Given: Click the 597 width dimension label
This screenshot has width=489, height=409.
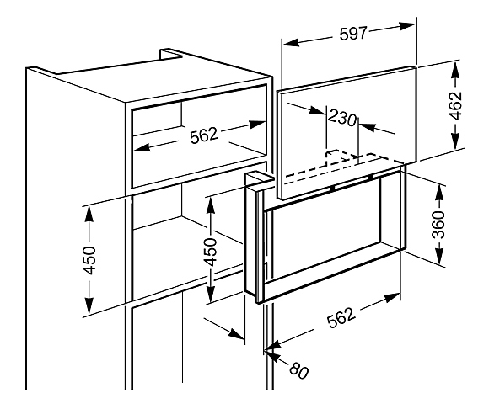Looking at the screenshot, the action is pyautogui.click(x=352, y=34).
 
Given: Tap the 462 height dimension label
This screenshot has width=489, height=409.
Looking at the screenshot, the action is pyautogui.click(x=455, y=106).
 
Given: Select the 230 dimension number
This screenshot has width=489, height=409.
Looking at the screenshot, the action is pyautogui.click(x=341, y=117).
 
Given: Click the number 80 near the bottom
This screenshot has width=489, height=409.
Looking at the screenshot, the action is pyautogui.click(x=298, y=370).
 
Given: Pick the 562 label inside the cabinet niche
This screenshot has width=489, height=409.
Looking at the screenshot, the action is pyautogui.click(x=203, y=136).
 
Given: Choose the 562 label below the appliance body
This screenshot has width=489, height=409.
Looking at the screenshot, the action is pyautogui.click(x=341, y=317).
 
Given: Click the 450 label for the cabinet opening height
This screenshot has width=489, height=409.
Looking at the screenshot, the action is pyautogui.click(x=89, y=260).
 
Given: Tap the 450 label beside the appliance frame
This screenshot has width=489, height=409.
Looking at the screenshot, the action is pyautogui.click(x=211, y=252).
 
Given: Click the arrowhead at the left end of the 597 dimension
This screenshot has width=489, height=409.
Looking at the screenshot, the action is pyautogui.click(x=291, y=42).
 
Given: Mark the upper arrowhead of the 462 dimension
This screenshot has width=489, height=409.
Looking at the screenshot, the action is pyautogui.click(x=456, y=70).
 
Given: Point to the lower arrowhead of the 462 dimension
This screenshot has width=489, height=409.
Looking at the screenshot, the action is pyautogui.click(x=456, y=140).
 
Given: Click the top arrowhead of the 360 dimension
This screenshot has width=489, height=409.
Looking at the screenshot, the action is pyautogui.click(x=439, y=193).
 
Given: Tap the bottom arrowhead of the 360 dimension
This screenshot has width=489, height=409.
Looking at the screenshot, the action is pyautogui.click(x=439, y=257).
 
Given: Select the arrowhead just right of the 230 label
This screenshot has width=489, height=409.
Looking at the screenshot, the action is pyautogui.click(x=368, y=127).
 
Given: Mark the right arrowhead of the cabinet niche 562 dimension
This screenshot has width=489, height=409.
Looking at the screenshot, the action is pyautogui.click(x=257, y=125).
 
